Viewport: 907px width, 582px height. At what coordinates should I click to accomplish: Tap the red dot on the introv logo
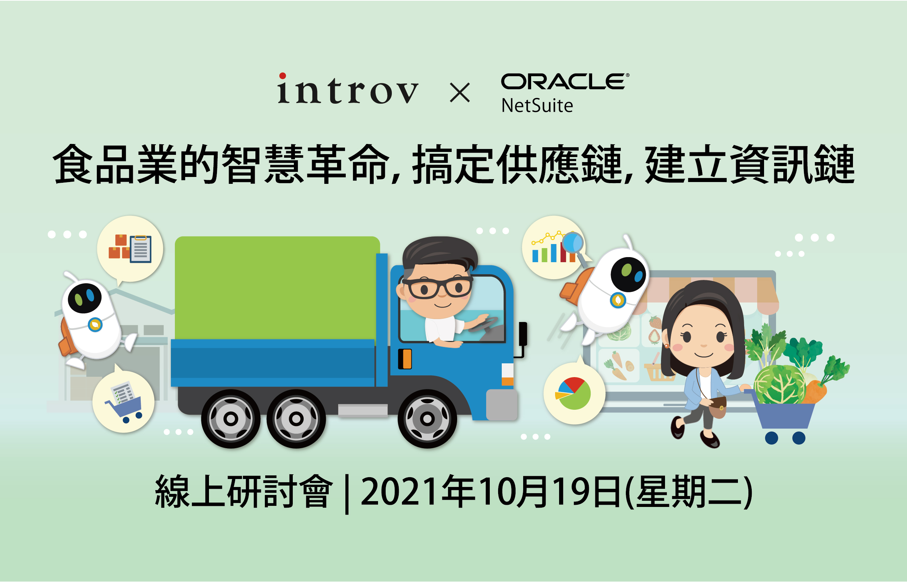point(282,75)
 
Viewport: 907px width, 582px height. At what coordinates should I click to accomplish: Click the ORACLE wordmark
point(565,81)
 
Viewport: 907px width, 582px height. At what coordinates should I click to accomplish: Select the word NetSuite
point(537,106)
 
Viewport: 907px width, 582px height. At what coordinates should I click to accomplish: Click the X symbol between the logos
point(460,93)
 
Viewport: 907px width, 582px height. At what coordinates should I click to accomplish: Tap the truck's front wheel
point(427,419)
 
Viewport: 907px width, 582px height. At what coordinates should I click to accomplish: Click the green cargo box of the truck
point(277,288)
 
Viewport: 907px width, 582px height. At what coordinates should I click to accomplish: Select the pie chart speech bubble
point(574,393)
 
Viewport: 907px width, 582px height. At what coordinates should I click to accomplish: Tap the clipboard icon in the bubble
point(141,249)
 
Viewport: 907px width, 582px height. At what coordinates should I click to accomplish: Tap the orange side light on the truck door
point(406,359)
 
